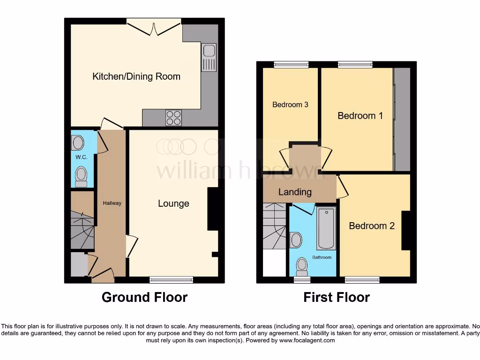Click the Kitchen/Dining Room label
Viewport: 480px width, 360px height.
(136, 76)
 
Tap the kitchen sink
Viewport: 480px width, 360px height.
(209, 57)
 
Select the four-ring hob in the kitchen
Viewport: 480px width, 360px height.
(173, 117)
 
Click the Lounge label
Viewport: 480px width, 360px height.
(173, 203)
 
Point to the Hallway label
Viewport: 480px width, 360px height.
(112, 203)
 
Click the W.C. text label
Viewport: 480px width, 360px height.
(82, 157)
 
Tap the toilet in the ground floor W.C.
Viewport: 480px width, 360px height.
(82, 175)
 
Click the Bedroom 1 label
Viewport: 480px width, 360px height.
(360, 115)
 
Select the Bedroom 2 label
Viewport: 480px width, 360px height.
(372, 226)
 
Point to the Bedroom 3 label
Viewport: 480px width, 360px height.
(290, 105)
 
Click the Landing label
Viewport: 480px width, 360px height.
(295, 192)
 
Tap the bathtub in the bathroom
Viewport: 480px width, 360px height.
(326, 228)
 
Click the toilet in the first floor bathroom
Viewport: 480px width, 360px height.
(302, 266)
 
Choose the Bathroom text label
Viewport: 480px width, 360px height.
(322, 257)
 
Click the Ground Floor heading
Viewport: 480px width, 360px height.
(144, 297)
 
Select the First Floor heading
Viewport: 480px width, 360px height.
(337, 297)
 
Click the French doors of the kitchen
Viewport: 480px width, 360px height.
(154, 26)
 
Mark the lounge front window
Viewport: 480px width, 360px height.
(171, 280)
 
